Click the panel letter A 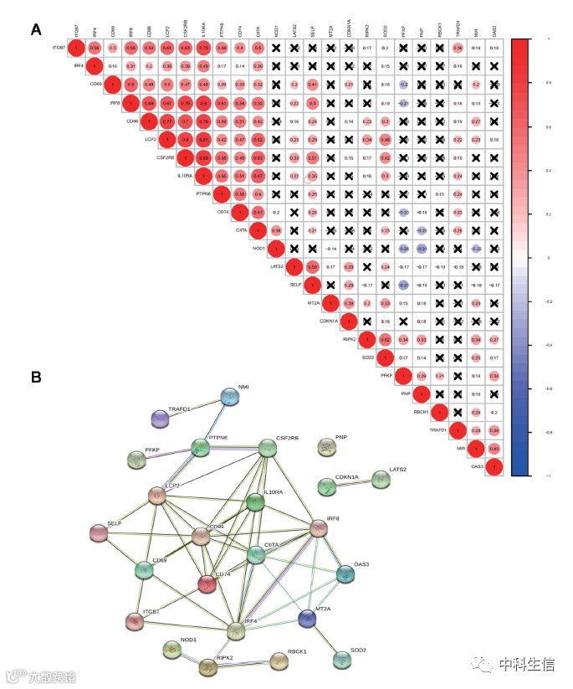36,30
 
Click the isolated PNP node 328,447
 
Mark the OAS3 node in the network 345,573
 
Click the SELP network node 100,532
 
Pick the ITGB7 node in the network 134,621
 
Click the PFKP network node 136,459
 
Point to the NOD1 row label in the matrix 258,248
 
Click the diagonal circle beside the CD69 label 113,85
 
